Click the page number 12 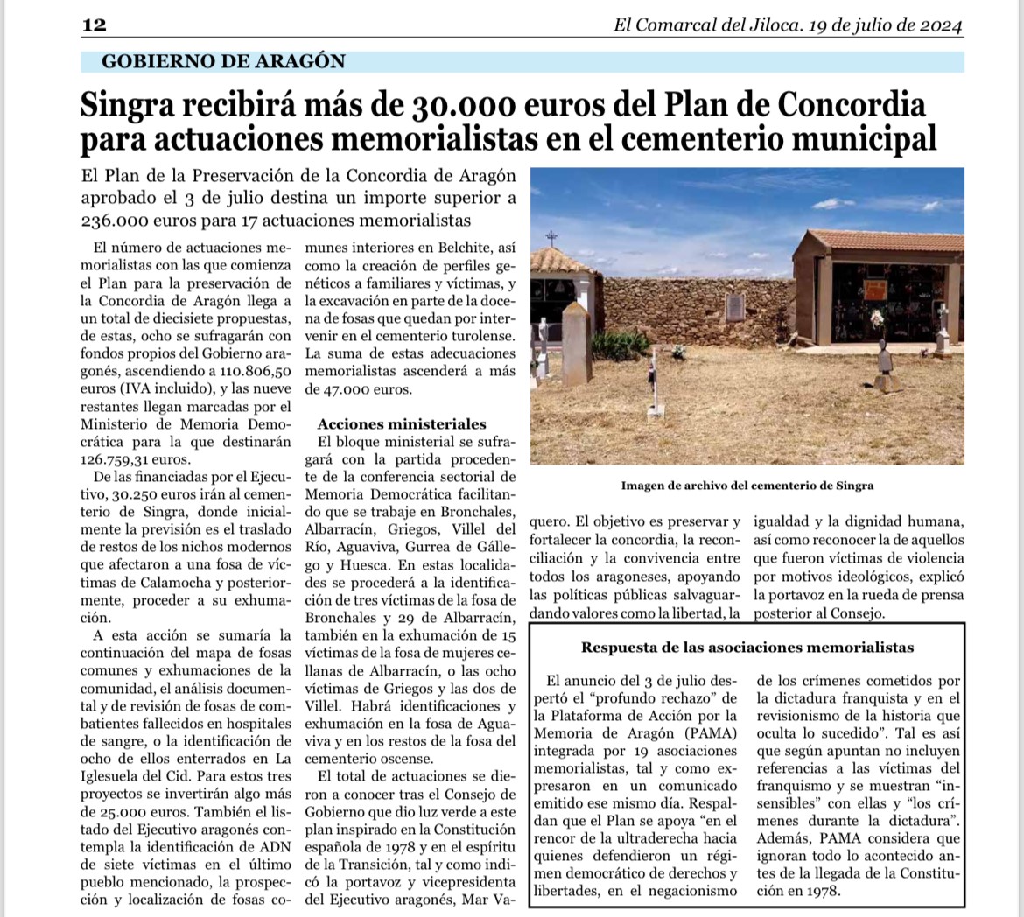(x=94, y=25)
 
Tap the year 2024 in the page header (x=941, y=25)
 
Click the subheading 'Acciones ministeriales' (x=402, y=424)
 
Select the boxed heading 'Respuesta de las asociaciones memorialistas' (x=747, y=647)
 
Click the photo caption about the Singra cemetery (x=747, y=486)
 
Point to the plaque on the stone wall (x=736, y=310)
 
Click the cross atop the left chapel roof (x=551, y=236)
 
